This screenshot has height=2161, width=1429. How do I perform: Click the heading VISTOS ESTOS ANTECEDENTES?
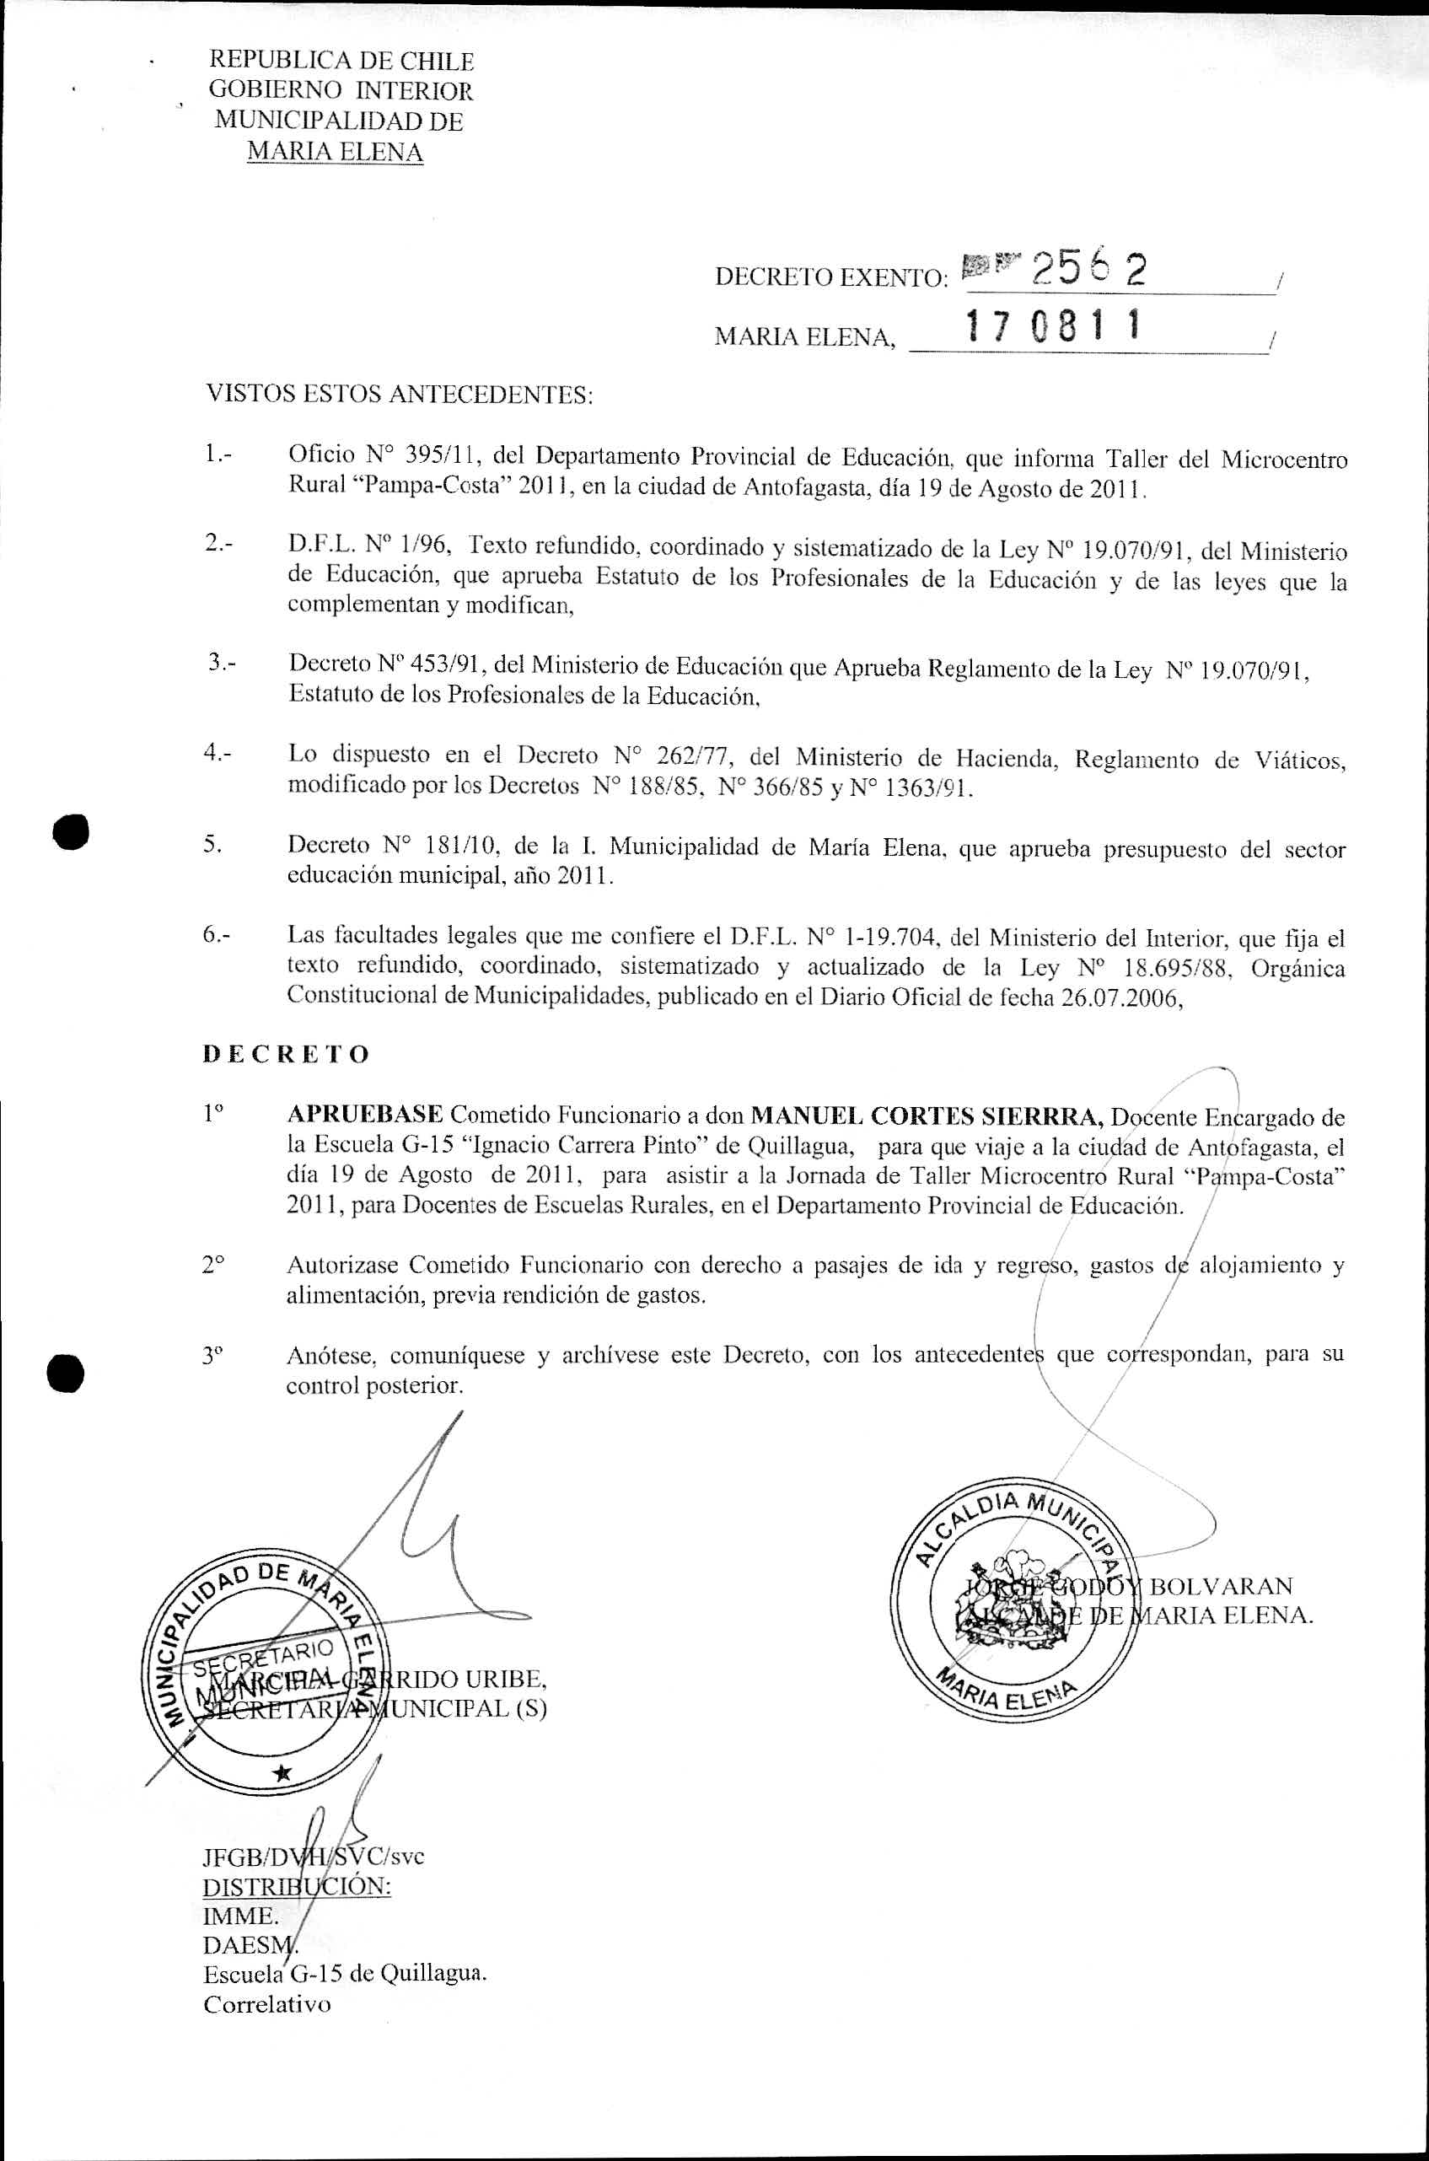[399, 395]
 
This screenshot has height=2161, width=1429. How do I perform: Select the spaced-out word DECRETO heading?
[285, 1055]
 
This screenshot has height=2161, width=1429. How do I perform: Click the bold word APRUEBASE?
[364, 1115]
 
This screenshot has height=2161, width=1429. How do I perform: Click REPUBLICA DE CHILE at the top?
[341, 61]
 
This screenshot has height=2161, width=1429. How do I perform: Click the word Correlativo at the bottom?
[267, 2004]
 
